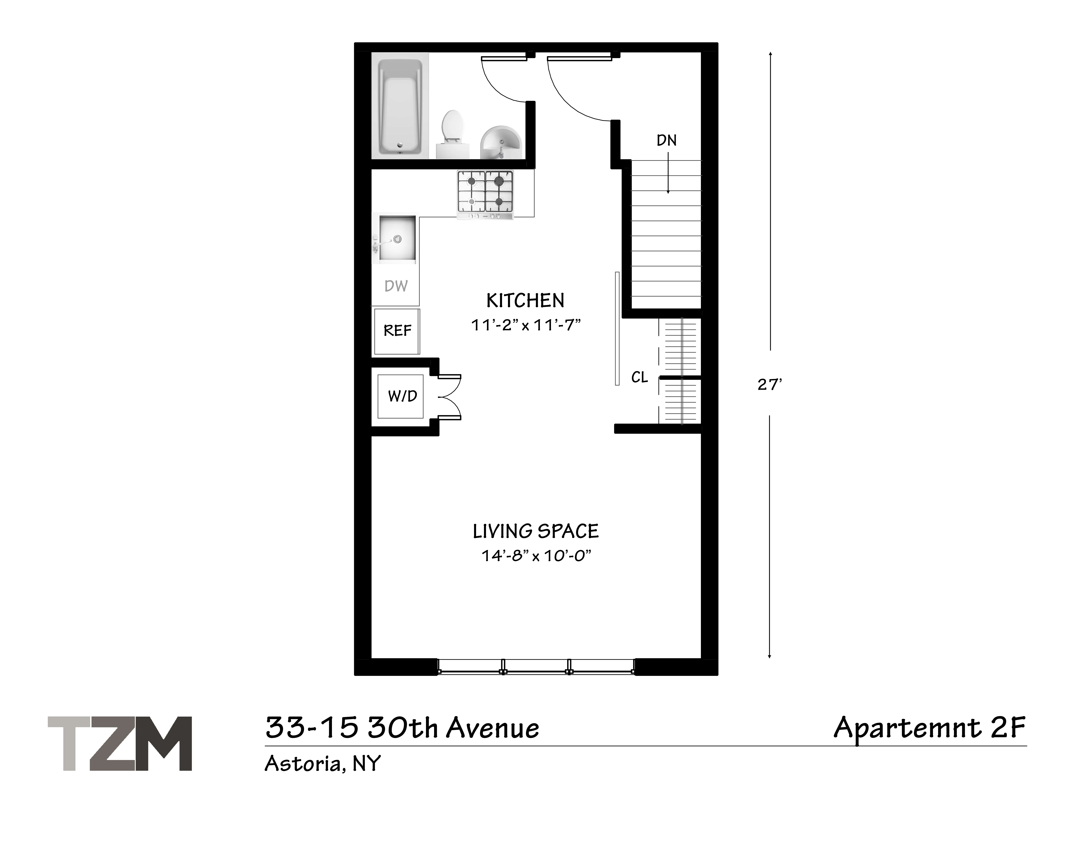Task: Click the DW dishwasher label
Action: tap(396, 286)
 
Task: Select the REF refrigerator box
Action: tap(397, 331)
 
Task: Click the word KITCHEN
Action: tap(525, 301)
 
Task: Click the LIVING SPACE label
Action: tap(536, 531)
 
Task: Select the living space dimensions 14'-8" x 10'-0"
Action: tap(536, 556)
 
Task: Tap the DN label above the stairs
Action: tap(666, 141)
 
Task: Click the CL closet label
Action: tap(639, 378)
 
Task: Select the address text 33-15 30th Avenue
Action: tap(402, 728)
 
